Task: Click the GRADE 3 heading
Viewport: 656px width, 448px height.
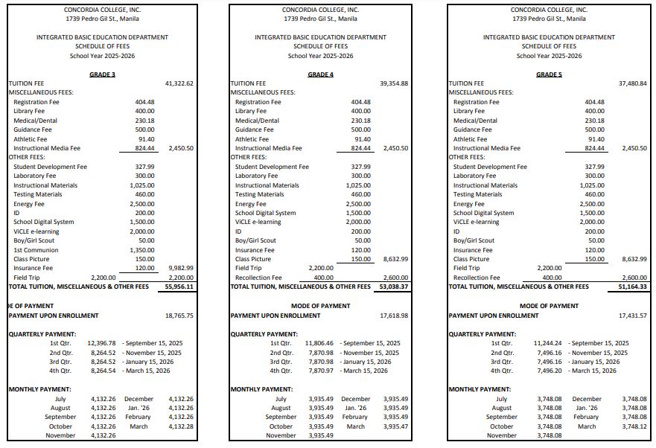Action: (x=102, y=74)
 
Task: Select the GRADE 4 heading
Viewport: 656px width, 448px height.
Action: (x=320, y=74)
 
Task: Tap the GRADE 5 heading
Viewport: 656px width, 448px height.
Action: (x=549, y=74)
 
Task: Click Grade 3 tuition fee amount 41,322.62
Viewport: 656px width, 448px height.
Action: (x=179, y=83)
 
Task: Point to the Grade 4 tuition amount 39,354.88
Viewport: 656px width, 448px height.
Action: (x=394, y=83)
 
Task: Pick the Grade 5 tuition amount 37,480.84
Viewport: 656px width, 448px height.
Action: (x=633, y=83)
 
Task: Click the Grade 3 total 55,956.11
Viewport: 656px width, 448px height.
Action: (x=179, y=287)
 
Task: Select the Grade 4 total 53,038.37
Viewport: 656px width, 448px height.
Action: (x=394, y=287)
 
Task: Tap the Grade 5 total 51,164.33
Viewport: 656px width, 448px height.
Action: (x=633, y=287)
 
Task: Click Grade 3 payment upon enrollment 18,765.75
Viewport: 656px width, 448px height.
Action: (x=179, y=316)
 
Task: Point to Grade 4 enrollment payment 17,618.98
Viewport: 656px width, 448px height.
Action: (x=394, y=316)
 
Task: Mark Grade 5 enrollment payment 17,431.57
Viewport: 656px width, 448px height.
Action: (x=633, y=316)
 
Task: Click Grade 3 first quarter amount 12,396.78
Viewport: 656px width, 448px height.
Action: (x=102, y=343)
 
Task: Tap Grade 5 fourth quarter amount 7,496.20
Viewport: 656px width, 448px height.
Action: (x=548, y=371)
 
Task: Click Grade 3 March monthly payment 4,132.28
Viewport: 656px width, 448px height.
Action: (x=182, y=426)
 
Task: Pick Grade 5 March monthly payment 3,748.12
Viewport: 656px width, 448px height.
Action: (x=634, y=426)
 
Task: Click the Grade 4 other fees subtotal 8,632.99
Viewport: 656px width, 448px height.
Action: (x=394, y=259)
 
